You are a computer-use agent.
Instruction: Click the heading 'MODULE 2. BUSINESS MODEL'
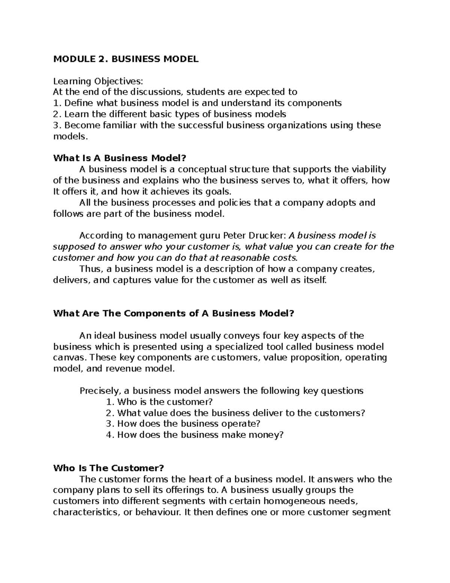coord(126,59)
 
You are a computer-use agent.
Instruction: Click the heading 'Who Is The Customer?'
coord(109,468)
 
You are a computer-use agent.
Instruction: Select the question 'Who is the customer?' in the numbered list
coord(165,402)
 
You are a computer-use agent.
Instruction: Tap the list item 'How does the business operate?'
coord(188,424)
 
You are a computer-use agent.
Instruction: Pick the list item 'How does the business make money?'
coord(200,435)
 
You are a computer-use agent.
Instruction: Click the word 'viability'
coord(368,169)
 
